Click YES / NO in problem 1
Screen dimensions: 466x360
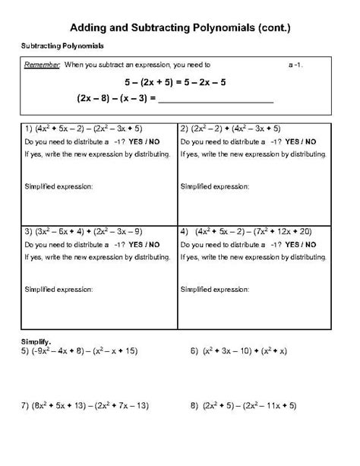point(144,142)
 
